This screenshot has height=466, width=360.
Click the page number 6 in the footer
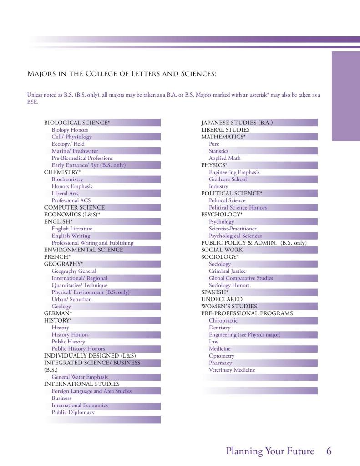329,451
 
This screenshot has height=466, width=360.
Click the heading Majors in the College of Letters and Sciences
122,73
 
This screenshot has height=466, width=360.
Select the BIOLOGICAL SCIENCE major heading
77,123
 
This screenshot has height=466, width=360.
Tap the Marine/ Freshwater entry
75,151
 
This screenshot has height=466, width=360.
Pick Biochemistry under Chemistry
67,179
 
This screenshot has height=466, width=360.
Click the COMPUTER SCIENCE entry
74,207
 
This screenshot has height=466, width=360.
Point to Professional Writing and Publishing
92,243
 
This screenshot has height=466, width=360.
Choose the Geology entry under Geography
61,306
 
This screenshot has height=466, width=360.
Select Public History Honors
78,348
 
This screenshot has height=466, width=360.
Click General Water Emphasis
80,377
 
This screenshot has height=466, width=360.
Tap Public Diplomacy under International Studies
73,412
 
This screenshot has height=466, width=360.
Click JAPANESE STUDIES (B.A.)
237,123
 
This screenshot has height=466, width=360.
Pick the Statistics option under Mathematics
218,151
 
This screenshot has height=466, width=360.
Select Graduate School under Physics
228,179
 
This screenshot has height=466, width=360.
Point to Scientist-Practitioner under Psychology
233,229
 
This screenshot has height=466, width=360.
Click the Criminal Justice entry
227,271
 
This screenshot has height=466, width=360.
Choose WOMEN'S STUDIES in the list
229,306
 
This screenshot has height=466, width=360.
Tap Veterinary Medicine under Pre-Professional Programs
232,370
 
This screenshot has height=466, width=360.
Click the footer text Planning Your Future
270,451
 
